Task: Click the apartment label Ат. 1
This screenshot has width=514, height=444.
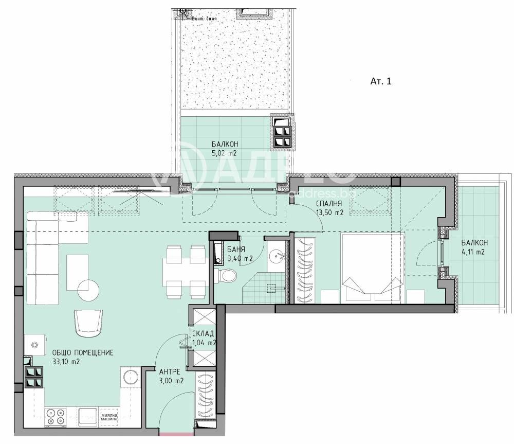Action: pos(381,81)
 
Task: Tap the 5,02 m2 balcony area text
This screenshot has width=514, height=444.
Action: pos(225,153)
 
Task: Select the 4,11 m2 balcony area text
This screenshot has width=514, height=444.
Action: pos(473,252)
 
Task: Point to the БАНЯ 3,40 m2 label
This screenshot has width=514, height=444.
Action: pos(240,254)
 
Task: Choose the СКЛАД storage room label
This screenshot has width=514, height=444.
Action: pos(204,333)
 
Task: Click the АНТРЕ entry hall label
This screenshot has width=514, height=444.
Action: pos(169,371)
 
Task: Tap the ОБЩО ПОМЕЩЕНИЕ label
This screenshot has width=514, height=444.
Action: pos(82,352)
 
